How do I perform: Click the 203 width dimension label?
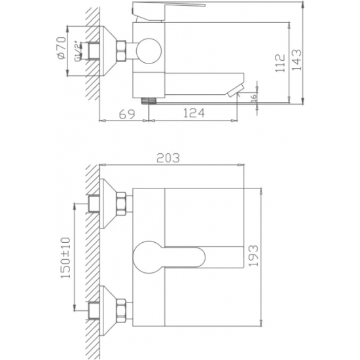(x=168, y=157)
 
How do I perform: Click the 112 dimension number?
(x=281, y=62)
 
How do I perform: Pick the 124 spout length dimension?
(x=191, y=114)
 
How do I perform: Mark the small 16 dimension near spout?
(x=254, y=97)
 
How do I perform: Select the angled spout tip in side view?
(x=234, y=90)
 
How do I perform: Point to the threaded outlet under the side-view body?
(x=150, y=101)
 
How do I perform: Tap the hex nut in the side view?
(x=122, y=52)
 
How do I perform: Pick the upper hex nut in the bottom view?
(x=122, y=204)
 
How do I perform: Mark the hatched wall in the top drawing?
(x=91, y=52)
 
